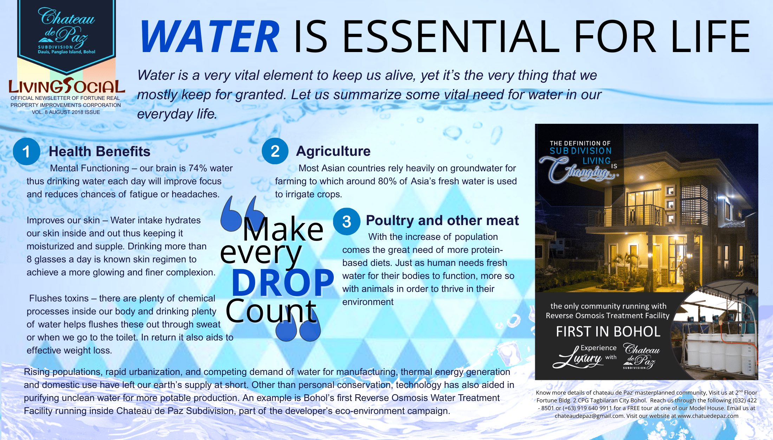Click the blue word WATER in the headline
[210, 37]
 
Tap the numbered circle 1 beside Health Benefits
[26, 152]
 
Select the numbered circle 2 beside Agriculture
[275, 151]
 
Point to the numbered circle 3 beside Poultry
[346, 222]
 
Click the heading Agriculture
[333, 151]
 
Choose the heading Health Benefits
[99, 152]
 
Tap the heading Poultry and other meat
[442, 221]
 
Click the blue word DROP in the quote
[283, 282]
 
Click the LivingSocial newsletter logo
[67, 86]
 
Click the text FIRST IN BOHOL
[608, 332]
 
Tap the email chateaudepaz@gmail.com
[589, 416]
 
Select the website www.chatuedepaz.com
[708, 416]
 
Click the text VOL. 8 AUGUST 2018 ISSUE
[66, 112]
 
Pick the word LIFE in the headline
[710, 37]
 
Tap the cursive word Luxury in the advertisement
[577, 358]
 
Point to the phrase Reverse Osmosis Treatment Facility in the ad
[608, 315]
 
